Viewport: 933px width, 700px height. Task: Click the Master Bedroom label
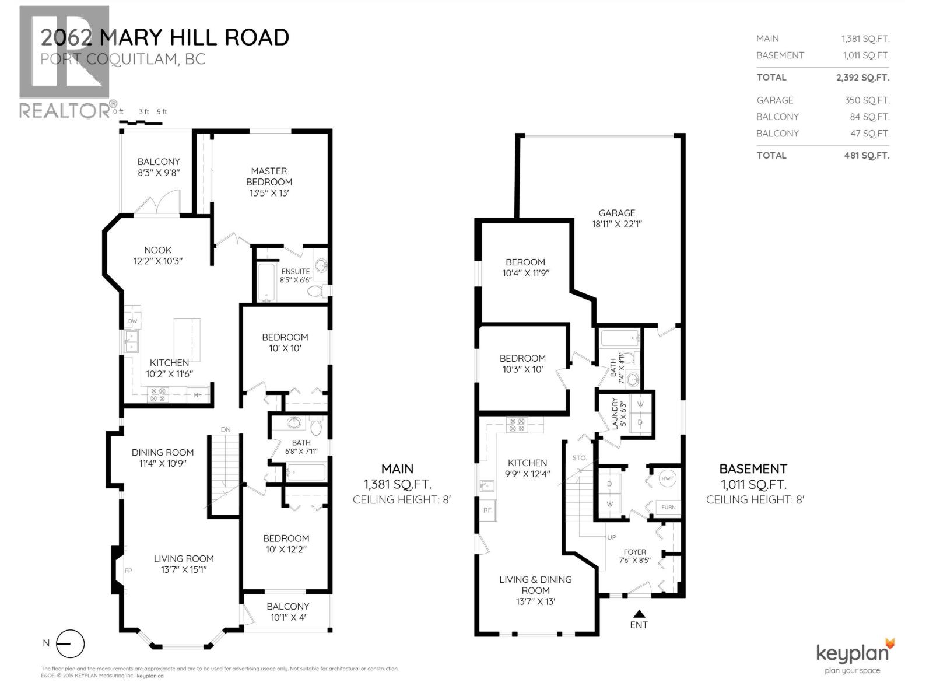(x=269, y=176)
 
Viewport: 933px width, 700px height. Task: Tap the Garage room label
(x=616, y=213)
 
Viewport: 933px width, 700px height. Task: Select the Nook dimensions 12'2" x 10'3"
(x=157, y=261)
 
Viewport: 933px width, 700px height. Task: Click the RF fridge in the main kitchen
(x=198, y=395)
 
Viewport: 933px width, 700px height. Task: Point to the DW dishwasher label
(x=132, y=321)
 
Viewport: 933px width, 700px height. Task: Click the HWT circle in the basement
(x=668, y=478)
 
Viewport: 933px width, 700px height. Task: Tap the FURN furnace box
(x=668, y=507)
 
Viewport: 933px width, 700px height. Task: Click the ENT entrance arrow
(x=639, y=614)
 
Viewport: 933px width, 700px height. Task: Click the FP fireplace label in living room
(x=128, y=570)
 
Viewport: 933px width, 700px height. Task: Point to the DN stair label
(x=226, y=429)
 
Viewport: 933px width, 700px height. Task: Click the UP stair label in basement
(x=612, y=537)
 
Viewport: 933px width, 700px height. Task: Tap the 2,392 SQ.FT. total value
(x=862, y=78)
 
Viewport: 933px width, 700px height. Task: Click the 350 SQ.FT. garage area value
(x=867, y=100)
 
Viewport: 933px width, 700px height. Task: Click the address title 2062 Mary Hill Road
(x=165, y=37)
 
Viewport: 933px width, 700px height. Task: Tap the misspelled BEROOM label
(x=525, y=262)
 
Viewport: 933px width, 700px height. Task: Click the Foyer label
(x=634, y=551)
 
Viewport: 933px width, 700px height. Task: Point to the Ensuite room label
(x=296, y=271)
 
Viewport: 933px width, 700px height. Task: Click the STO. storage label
(x=579, y=458)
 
